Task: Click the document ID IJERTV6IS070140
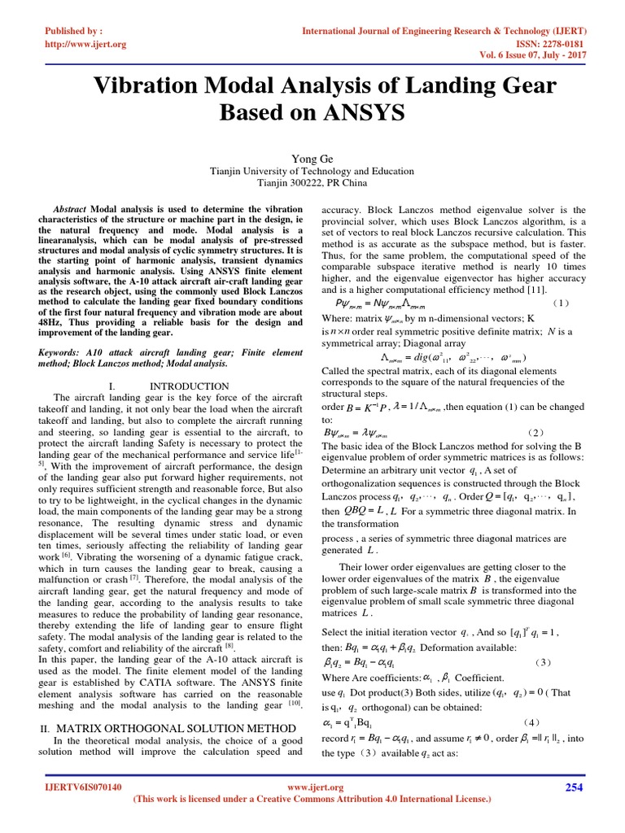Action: pyautogui.click(x=84, y=788)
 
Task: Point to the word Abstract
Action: pyautogui.click(x=71, y=209)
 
